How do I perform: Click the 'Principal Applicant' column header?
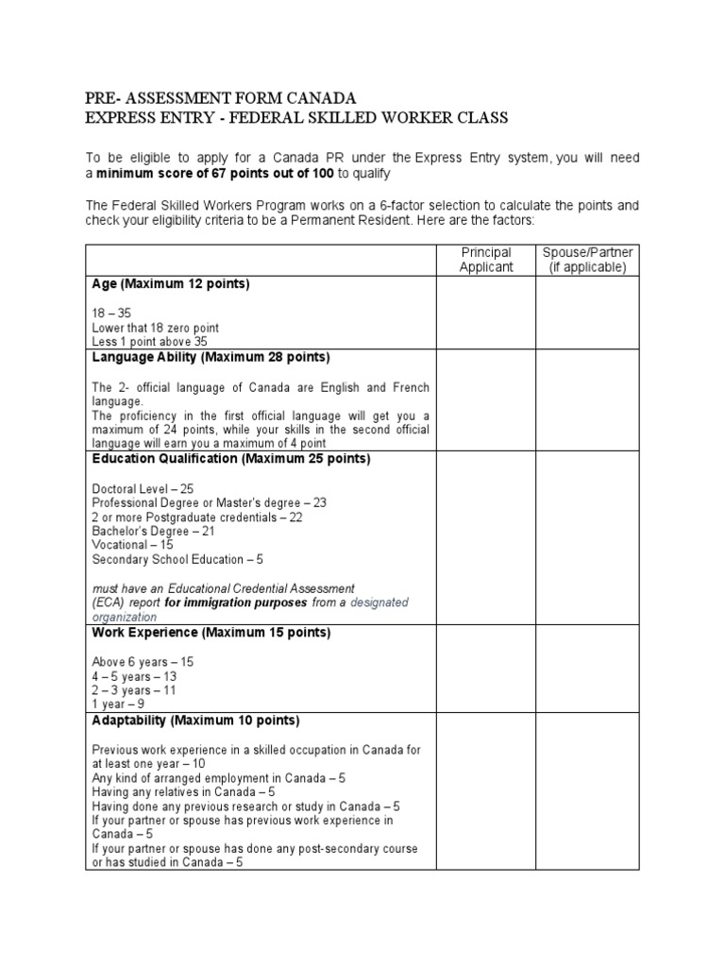(485, 260)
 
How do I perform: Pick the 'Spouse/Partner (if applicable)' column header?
(587, 260)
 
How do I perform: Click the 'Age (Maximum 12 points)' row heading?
(170, 284)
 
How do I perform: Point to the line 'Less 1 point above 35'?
(149, 341)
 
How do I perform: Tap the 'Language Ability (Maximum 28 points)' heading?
(211, 357)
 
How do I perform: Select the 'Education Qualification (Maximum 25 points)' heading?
(231, 459)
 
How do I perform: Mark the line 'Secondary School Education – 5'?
(177, 559)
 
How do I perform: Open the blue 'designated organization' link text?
(379, 602)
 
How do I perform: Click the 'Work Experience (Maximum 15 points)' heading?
(211, 633)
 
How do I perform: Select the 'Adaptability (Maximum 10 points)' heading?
(195, 721)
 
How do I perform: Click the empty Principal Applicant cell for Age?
(485, 313)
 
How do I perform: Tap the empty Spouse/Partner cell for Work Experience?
(587, 668)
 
